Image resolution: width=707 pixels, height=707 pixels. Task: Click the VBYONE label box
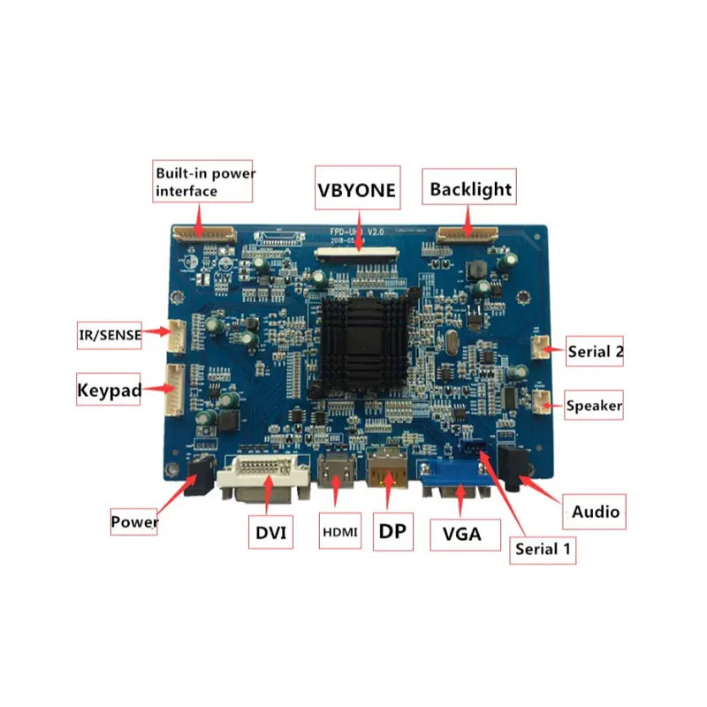tap(358, 189)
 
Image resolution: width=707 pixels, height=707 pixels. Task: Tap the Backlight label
tap(471, 189)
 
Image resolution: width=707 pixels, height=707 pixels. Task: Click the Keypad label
tap(110, 391)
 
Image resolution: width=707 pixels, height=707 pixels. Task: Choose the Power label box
tap(134, 521)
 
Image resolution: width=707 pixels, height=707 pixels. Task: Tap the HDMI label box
tap(339, 533)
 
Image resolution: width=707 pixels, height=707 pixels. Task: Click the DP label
tap(393, 531)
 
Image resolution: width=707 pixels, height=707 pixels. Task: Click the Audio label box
tap(595, 512)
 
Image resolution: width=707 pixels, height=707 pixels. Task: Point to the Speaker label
tap(594, 407)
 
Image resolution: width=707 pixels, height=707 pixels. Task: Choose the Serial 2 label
tap(596, 352)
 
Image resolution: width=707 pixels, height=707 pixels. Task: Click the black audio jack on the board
tap(512, 468)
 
